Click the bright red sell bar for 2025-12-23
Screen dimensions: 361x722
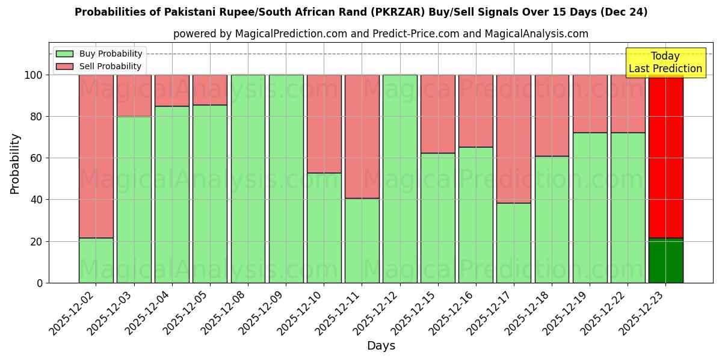[x=665, y=156]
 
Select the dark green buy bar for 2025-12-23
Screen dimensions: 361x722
[x=665, y=261]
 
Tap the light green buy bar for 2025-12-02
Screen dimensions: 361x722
[x=96, y=261]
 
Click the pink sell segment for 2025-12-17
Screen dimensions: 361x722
[x=514, y=139]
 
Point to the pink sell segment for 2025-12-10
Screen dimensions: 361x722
[x=324, y=124]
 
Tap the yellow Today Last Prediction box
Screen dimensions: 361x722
[x=665, y=63]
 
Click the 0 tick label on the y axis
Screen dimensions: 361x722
[x=40, y=283]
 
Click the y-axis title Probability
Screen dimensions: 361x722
[x=15, y=164]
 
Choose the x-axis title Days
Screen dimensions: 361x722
[x=381, y=346]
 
